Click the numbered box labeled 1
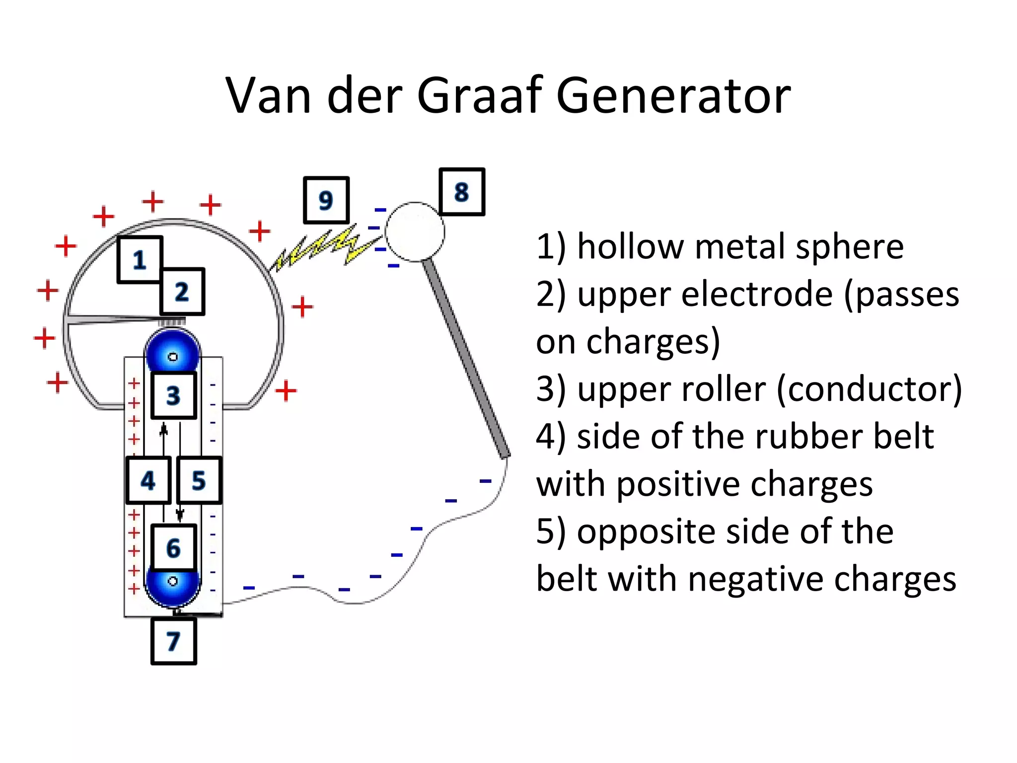140,260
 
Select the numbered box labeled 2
182,292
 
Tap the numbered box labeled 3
173,395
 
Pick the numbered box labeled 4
148,480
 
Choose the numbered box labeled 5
199,480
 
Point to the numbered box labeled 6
173,547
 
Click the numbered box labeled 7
173,641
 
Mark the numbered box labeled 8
462,192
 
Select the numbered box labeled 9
326,200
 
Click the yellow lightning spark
323,247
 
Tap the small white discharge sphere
415,231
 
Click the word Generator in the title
673,95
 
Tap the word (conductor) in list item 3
869,389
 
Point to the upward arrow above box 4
163,430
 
